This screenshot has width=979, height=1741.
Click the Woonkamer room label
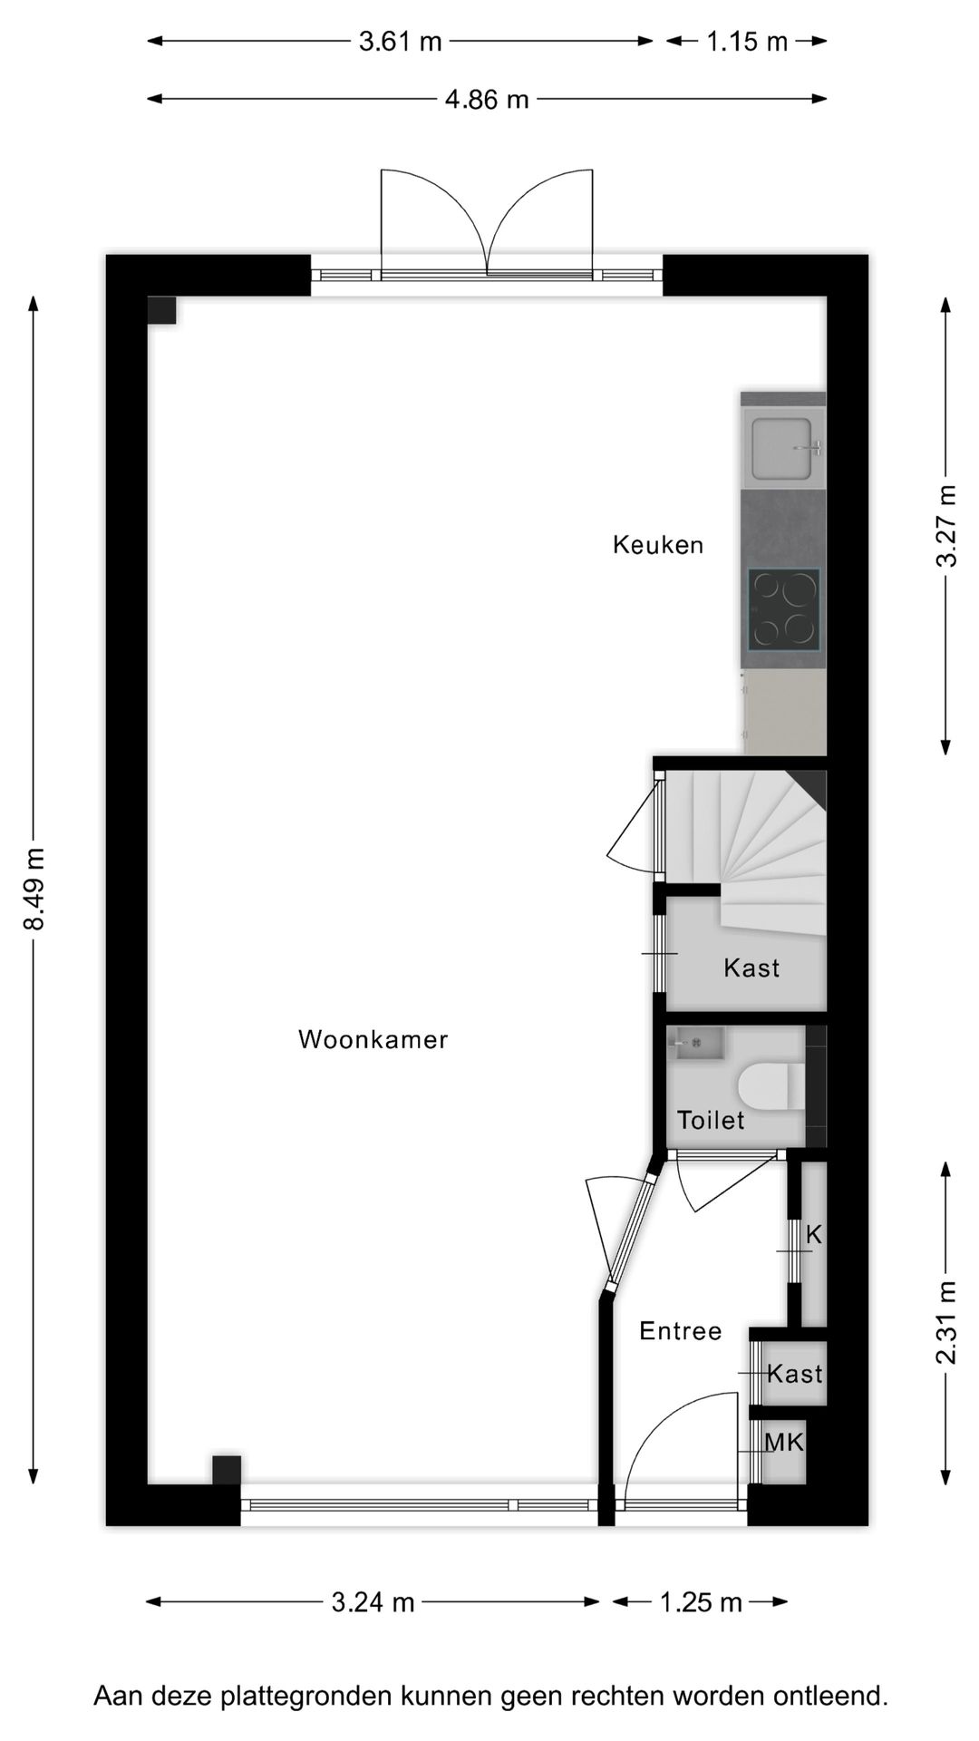pos(373,1039)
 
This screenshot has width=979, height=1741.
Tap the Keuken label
pos(658,545)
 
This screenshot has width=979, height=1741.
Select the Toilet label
pos(711,1120)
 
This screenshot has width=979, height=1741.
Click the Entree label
pos(681,1331)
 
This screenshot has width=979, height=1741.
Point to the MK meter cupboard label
pos(784,1442)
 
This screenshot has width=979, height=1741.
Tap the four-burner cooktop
pos(784,609)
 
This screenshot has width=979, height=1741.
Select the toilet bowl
pos(770,1085)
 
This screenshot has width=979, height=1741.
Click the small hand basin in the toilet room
pos(697,1043)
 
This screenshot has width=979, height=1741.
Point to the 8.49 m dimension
pos(34,890)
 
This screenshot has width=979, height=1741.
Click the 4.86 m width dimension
pos(487,99)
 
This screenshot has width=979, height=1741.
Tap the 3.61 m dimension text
pos(400,41)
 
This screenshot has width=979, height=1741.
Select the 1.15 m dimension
pos(747,41)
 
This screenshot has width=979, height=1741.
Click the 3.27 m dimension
pos(945,526)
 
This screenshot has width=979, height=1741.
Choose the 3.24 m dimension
pos(373,1602)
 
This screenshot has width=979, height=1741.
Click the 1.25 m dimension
pos(701,1602)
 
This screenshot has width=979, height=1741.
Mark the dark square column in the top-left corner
pos(162,310)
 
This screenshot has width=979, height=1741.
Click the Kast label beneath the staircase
pos(751,968)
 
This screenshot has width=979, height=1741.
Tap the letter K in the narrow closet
pos(813,1235)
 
